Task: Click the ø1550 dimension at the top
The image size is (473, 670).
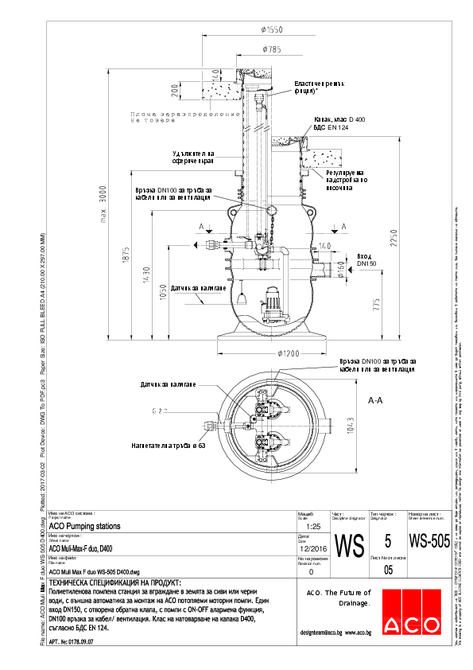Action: (271, 29)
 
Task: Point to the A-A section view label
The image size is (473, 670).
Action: (377, 402)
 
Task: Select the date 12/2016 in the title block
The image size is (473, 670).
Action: (311, 547)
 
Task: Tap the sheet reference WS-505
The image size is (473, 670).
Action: (428, 542)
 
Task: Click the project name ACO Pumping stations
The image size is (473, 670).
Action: (85, 526)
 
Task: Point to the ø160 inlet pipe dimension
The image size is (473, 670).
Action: (340, 275)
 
